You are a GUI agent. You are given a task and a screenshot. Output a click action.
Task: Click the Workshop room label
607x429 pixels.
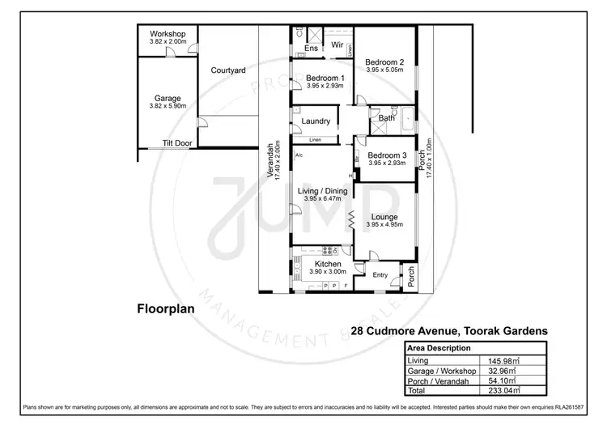click(x=168, y=33)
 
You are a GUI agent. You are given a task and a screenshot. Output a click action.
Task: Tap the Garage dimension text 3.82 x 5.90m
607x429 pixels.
click(x=168, y=105)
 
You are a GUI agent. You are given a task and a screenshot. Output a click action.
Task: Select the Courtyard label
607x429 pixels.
click(x=228, y=70)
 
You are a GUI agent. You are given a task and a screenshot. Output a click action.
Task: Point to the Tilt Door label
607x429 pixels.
click(x=177, y=143)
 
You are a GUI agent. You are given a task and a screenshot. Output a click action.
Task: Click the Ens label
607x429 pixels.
click(x=312, y=49)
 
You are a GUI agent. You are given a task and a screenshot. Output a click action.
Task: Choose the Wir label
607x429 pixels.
click(x=337, y=45)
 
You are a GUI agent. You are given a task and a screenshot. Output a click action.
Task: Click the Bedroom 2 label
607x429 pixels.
click(x=384, y=62)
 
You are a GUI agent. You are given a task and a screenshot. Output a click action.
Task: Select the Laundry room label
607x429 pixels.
click(x=316, y=121)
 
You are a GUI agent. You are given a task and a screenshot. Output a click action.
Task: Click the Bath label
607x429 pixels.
click(x=387, y=118)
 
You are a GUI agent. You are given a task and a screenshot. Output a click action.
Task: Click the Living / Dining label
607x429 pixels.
click(x=321, y=191)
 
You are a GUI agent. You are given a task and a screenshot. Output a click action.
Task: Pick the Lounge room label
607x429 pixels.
click(x=385, y=217)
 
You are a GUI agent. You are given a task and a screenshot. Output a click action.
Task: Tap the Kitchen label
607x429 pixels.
click(x=325, y=264)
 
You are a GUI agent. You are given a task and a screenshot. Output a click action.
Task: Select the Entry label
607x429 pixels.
click(x=380, y=275)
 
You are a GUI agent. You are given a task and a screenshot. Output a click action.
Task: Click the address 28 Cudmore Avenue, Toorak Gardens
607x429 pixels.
click(x=451, y=330)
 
